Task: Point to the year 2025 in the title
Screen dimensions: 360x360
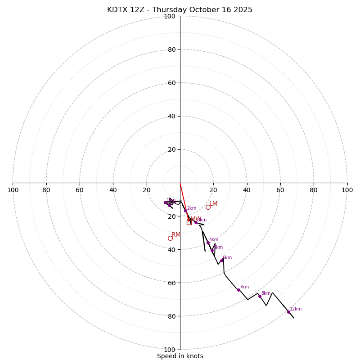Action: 243,10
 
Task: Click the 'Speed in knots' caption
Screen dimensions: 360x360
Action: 180,356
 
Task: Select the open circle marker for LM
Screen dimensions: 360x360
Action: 208,207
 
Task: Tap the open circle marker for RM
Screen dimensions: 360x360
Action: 170,238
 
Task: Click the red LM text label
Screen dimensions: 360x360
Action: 213,204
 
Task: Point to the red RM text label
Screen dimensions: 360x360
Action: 176,235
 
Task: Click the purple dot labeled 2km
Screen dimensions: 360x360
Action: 185,211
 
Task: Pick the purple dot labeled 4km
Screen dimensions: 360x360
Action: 208,243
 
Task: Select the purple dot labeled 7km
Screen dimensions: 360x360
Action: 238,290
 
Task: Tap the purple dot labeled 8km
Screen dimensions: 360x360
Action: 260,296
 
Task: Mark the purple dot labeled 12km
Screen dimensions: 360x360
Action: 288,312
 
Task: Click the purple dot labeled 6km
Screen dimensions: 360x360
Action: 221,261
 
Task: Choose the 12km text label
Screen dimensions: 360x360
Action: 296,309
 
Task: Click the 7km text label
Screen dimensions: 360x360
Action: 244,287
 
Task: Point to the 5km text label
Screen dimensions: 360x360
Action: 218,247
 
